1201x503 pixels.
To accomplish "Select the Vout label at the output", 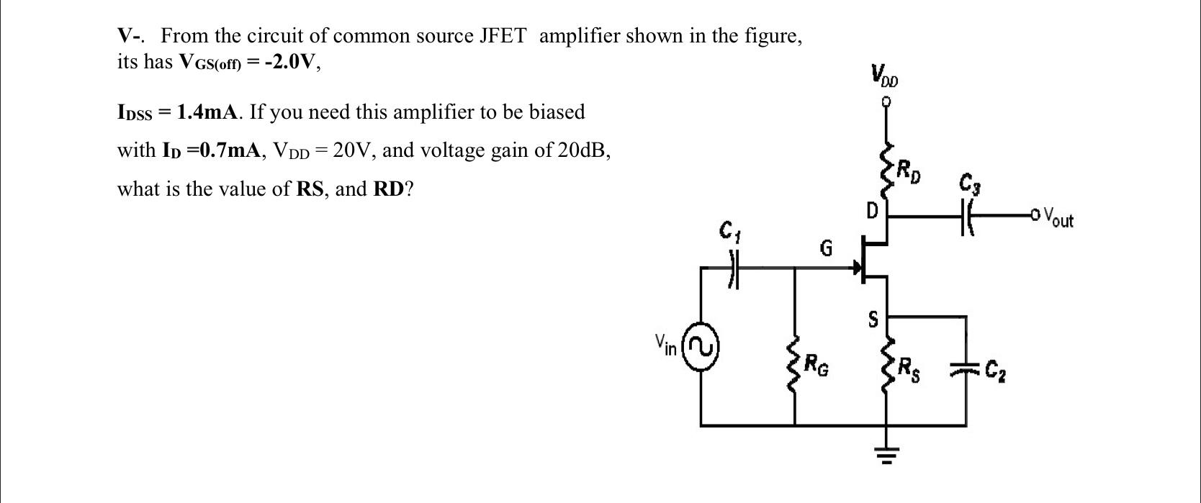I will pyautogui.click(x=1058, y=217).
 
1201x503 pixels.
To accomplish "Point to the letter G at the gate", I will pyautogui.click(x=826, y=249).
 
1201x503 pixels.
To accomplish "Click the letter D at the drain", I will pyautogui.click(x=872, y=212).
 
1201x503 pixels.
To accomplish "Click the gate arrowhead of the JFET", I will pyautogui.click(x=857, y=269).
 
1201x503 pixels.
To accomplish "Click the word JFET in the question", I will pyautogui.click(x=503, y=36).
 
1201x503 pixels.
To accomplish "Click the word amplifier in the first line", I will pyautogui.click(x=579, y=36).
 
